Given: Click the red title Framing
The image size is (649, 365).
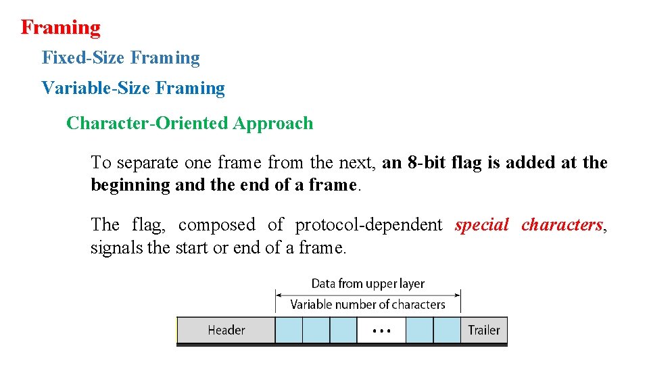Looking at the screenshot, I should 60,28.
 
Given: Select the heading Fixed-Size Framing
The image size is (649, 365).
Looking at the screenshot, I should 120,58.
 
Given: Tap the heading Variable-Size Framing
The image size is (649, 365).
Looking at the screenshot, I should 133,88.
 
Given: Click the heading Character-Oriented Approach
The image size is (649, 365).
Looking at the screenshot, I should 189,124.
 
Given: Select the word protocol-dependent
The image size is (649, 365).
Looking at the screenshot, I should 368,225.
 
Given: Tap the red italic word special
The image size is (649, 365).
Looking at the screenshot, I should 482,225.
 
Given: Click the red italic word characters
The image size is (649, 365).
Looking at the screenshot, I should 561,225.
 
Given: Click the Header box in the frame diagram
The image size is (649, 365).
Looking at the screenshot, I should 226,331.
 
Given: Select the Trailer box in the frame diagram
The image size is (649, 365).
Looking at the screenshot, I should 484,331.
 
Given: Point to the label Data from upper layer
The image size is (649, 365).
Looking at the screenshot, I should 368,284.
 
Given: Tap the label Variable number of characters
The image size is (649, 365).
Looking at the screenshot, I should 368,305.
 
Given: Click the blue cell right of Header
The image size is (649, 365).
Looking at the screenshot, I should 289,331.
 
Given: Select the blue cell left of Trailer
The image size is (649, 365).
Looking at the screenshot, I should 447,331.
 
